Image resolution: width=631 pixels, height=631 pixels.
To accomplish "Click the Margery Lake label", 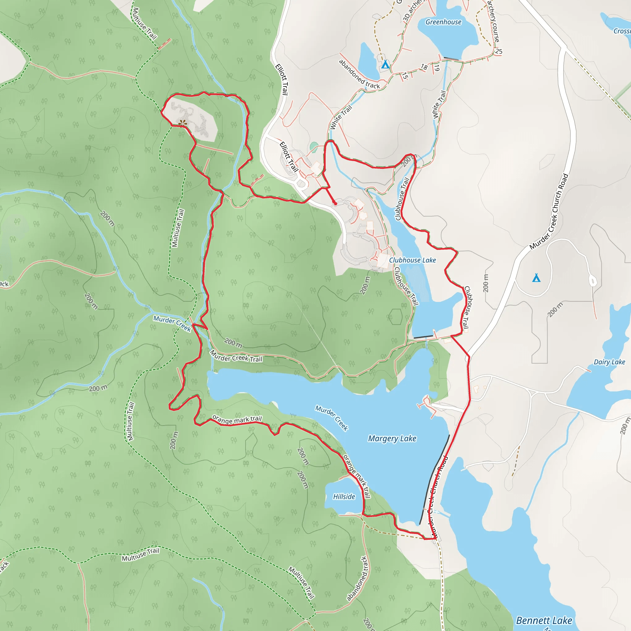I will [x=392, y=438].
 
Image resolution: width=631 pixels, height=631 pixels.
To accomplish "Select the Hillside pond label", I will [x=344, y=496].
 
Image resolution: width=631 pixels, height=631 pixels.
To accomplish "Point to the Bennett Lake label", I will [x=544, y=620].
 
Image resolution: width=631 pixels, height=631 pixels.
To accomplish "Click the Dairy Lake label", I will [x=609, y=362].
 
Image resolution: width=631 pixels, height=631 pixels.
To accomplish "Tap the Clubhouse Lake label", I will [x=412, y=260].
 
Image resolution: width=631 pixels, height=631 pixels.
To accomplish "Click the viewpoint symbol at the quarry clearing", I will [x=183, y=123].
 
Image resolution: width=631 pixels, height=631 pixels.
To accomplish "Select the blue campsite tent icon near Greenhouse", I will [x=385, y=64].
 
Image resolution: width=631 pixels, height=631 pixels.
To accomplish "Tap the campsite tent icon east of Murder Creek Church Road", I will [x=536, y=278].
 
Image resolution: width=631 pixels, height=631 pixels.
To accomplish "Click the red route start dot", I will [x=336, y=203].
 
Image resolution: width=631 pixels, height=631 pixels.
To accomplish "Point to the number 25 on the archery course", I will [x=499, y=51].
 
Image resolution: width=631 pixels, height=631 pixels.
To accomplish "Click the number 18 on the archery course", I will [x=424, y=67].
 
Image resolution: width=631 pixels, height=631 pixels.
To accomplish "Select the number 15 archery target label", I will [x=405, y=76].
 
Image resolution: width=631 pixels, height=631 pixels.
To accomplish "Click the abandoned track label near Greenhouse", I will [x=359, y=74].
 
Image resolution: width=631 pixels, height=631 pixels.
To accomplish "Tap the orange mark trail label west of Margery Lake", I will [x=237, y=419].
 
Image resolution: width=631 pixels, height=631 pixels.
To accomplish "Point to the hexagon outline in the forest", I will [x=396, y=316].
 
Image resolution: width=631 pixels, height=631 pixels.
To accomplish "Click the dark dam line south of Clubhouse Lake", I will [x=423, y=337].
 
